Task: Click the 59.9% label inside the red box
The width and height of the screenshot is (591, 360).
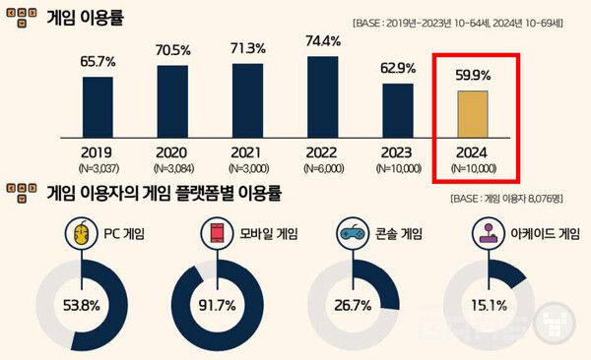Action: pyautogui.click(x=472, y=73)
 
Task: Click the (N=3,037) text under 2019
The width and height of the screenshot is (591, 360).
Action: pyautogui.click(x=98, y=168)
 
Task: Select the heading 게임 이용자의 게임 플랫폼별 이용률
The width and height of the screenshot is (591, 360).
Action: pyautogui.click(x=164, y=194)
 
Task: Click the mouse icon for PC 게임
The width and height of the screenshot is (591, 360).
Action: pyautogui.click(x=82, y=235)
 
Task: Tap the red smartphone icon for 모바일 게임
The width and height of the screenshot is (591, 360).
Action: pyautogui.click(x=214, y=235)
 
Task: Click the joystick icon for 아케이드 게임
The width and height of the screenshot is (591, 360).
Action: pyautogui.click(x=487, y=235)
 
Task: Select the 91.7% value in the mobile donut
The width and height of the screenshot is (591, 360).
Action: pyautogui.click(x=218, y=305)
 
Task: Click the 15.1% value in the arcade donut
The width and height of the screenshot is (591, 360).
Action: pyautogui.click(x=488, y=305)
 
